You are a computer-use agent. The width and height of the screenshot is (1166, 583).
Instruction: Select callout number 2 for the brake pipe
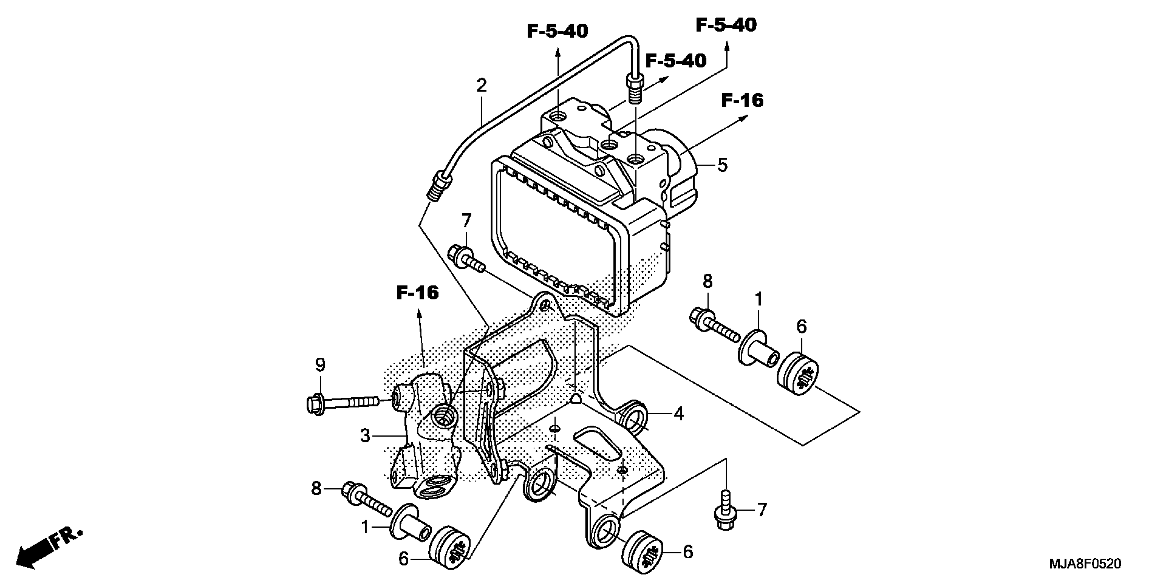click(x=481, y=85)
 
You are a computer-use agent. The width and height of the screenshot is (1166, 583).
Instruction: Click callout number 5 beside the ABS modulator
click(x=723, y=166)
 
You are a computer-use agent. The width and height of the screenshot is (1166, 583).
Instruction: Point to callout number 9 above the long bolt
click(x=320, y=365)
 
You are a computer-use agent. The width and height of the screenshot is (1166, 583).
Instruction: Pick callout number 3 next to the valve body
click(x=365, y=436)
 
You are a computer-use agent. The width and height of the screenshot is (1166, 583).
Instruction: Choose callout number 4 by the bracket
click(x=678, y=414)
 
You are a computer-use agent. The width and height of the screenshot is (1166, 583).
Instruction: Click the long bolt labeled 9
click(x=342, y=402)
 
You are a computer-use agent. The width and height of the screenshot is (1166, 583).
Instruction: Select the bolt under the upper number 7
click(x=466, y=259)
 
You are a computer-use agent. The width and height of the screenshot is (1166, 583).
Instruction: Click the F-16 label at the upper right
click(x=742, y=100)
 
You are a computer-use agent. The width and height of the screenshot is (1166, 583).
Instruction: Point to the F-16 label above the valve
click(x=417, y=293)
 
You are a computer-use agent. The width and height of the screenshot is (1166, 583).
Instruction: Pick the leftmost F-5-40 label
click(x=557, y=32)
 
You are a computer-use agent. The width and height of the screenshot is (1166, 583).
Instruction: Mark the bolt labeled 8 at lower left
click(x=367, y=500)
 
